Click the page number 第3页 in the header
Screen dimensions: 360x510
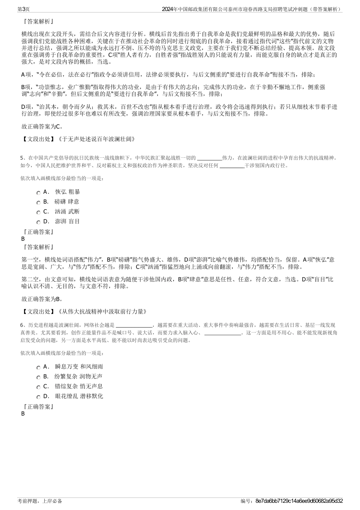coord(24,9)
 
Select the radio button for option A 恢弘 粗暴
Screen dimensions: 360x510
coord(39,193)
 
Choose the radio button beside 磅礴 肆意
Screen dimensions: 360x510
coord(39,202)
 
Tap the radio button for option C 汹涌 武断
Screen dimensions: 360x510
coord(39,212)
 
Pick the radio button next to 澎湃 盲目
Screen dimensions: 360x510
coord(39,222)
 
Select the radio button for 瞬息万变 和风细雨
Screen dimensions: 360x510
coord(39,367)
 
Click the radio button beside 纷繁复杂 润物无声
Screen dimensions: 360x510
coord(39,377)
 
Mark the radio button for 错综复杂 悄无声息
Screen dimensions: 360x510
coord(39,387)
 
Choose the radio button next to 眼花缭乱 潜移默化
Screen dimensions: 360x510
coord(39,397)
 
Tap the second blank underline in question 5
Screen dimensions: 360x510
coord(232,166)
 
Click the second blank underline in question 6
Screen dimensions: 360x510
coord(222,334)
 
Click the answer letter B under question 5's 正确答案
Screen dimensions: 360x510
coord(23,239)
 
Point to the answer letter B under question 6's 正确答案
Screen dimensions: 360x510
coord(23,414)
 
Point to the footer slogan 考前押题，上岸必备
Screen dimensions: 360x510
coord(40,501)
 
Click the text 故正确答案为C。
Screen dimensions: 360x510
coord(42,126)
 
